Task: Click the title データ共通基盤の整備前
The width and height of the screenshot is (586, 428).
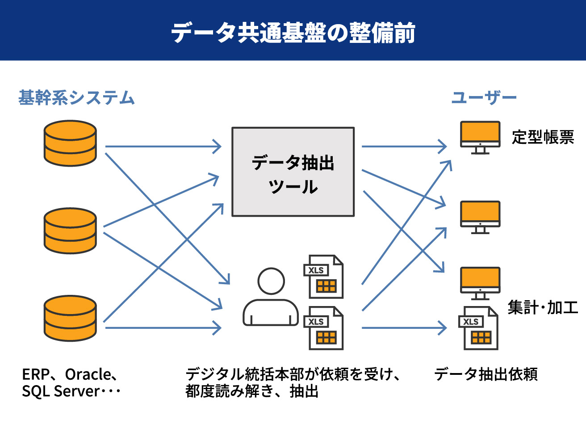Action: (x=293, y=33)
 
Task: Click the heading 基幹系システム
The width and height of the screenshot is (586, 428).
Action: (x=76, y=97)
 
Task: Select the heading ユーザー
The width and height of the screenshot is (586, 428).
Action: (x=484, y=97)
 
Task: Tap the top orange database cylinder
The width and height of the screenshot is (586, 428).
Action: (x=70, y=143)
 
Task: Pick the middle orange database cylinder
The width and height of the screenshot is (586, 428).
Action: (x=70, y=231)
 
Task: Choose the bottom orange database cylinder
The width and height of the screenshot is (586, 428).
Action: (x=70, y=319)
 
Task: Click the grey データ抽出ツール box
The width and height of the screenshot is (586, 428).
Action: (x=293, y=172)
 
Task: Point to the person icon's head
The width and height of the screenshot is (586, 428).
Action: (x=271, y=281)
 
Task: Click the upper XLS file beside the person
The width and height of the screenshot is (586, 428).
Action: (x=323, y=277)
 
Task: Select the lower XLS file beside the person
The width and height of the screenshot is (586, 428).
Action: (x=323, y=328)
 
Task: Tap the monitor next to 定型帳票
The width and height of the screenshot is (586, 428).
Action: (x=480, y=138)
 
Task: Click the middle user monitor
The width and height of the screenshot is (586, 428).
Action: (x=480, y=217)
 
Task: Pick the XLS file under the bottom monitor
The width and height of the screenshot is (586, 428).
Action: (x=478, y=328)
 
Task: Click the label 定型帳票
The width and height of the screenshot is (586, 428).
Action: (x=543, y=137)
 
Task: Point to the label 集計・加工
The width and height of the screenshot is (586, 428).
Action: (x=543, y=307)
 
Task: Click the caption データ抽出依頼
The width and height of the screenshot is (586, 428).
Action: (x=486, y=374)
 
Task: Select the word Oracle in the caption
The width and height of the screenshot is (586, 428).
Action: (x=88, y=374)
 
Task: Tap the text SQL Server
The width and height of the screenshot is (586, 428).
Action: (x=61, y=391)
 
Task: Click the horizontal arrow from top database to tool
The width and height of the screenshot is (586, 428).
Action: (x=163, y=147)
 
